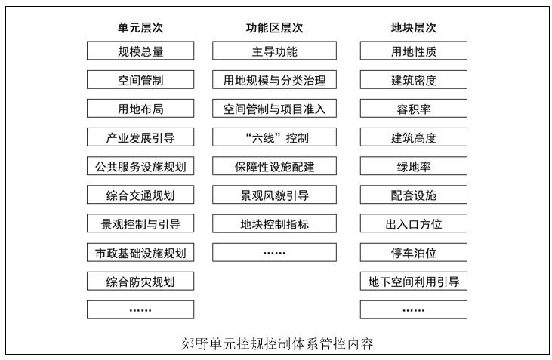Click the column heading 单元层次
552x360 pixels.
tap(140, 28)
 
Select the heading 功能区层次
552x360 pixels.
tap(274, 28)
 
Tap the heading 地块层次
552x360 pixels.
tap(413, 28)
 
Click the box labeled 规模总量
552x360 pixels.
tap(140, 51)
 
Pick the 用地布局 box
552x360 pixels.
tap(140, 109)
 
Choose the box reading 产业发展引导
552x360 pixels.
tap(140, 137)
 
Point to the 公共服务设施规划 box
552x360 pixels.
tap(140, 166)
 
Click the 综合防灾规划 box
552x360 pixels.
tap(140, 282)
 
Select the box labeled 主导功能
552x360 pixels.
tap(274, 51)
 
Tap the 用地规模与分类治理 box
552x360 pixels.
tap(274, 79)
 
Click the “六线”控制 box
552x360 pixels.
tap(274, 137)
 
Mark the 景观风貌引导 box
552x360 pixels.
tap(274, 195)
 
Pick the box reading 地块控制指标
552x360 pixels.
tap(274, 223)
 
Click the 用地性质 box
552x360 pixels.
tap(414, 51)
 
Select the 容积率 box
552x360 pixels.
tap(414, 109)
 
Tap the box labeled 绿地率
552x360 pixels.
tap(414, 166)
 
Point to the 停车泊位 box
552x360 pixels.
tap(414, 252)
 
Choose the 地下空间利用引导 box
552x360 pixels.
tap(414, 282)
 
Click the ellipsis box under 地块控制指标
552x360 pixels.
tap(274, 252)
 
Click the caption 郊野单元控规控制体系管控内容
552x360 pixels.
tap(277, 344)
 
